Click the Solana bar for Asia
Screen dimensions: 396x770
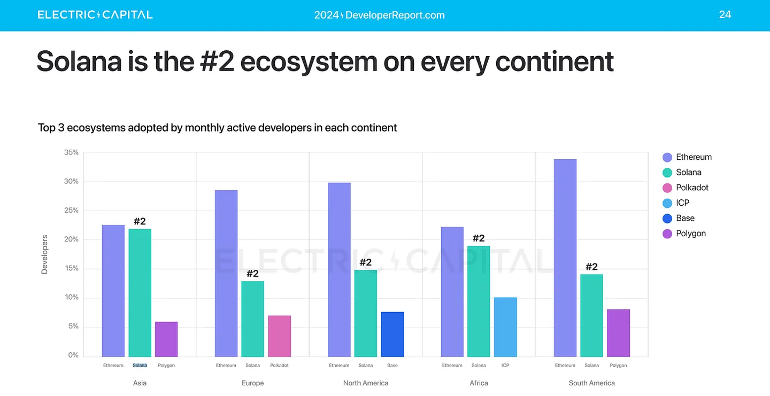coord(140,292)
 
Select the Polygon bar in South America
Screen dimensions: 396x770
coord(618,332)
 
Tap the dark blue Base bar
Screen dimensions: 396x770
coord(392,334)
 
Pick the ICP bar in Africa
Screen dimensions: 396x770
coord(505,327)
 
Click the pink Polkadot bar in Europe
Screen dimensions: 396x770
coord(279,336)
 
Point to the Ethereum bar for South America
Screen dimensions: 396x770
coord(565,258)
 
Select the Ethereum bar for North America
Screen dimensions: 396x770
coord(339,269)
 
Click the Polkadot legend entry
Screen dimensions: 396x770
coord(692,188)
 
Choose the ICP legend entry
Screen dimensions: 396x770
coord(682,203)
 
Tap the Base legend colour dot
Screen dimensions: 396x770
coord(667,218)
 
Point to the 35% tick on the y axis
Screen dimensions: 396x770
coord(71,152)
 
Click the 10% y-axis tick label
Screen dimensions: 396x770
coord(71,297)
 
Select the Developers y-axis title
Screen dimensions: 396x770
coord(44,254)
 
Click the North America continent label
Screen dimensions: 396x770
coord(366,383)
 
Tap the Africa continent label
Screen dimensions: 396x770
coord(479,383)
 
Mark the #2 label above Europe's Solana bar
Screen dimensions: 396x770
coord(252,274)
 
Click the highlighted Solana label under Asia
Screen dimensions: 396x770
coord(140,366)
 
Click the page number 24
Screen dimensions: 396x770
coord(725,14)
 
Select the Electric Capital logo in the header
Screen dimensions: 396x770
coord(95,14)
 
